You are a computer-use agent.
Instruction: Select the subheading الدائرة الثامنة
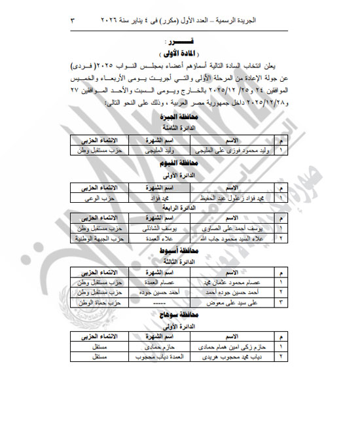179,128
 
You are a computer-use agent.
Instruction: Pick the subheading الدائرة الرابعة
179,209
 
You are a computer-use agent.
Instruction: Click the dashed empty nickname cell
157,302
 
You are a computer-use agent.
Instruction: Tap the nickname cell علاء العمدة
157,239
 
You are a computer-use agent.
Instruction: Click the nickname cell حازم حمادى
157,346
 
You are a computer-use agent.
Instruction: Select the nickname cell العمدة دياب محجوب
157,357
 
